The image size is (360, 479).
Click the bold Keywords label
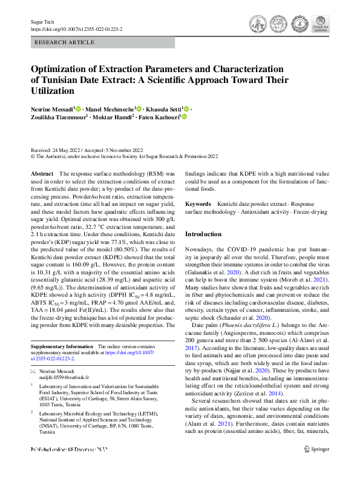coord(198,205)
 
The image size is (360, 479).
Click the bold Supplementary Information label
coord(62,346)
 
